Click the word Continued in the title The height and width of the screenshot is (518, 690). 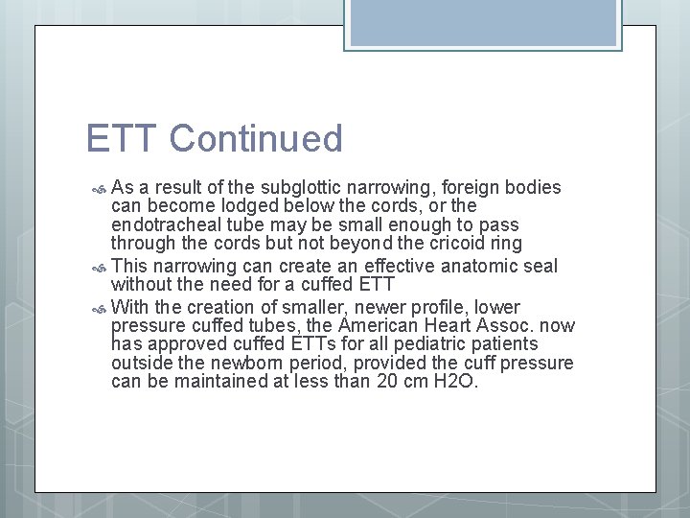256,139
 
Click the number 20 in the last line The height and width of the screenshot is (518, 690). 389,381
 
